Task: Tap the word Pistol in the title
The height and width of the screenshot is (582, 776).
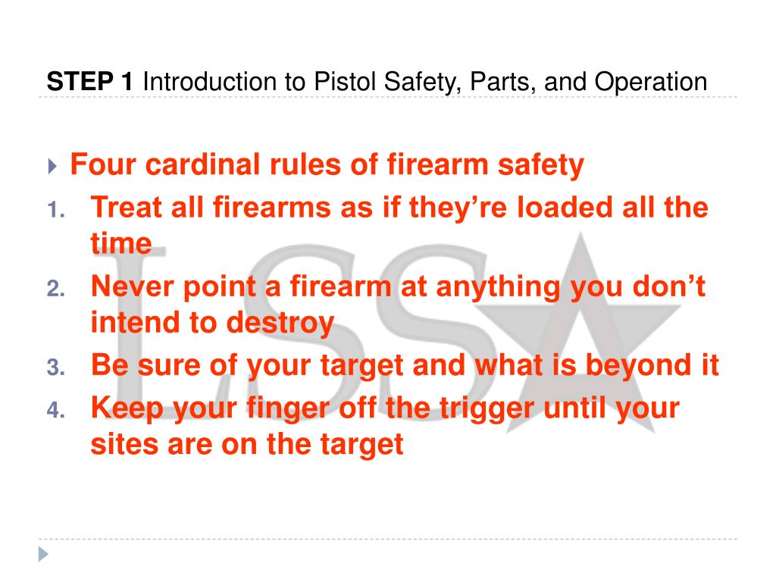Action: tap(343, 81)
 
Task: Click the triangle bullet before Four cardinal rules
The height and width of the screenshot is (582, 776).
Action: tap(52, 166)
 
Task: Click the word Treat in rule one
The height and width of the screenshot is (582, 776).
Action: tap(124, 207)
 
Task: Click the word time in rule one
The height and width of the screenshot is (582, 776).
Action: tap(120, 244)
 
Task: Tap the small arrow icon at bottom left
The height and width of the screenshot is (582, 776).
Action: tap(43, 555)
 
